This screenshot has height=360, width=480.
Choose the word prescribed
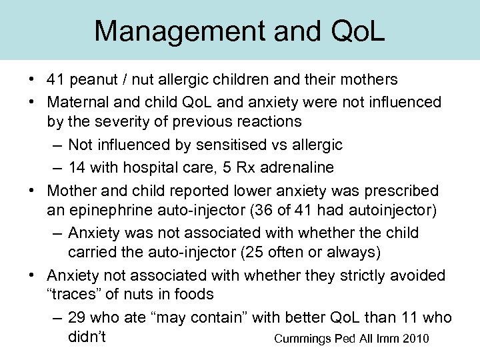[x=403, y=190]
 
